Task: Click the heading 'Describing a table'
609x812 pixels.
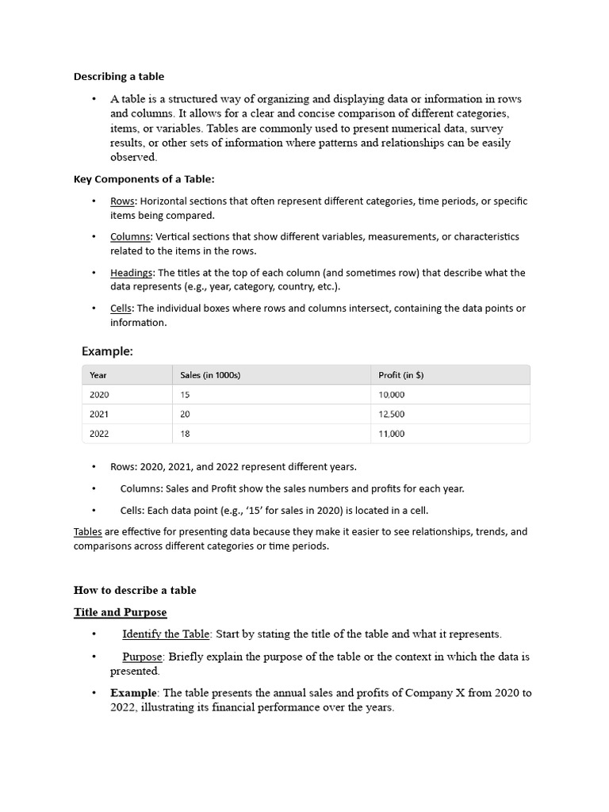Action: pos(119,76)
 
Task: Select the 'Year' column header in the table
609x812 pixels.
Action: pos(98,375)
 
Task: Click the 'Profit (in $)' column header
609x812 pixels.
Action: pos(401,375)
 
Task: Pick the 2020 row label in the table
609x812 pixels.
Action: pos(100,394)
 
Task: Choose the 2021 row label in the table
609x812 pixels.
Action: pos(100,414)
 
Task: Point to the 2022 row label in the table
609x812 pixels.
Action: pos(100,434)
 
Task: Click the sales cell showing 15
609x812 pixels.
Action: pos(186,394)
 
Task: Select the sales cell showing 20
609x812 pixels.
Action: pos(186,414)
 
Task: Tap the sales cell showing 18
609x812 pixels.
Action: pos(186,434)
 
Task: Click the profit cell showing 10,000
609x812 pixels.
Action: pos(392,394)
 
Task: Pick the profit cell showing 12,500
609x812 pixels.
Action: pos(392,414)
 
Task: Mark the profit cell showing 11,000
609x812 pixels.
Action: pos(392,434)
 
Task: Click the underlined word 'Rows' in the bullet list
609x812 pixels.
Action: pos(122,201)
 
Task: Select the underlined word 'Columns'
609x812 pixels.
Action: pos(130,236)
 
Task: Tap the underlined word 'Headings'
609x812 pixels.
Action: pos(131,273)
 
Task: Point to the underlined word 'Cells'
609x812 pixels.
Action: pos(121,308)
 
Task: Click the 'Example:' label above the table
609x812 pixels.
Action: pos(107,350)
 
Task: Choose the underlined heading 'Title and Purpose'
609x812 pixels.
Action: pos(120,612)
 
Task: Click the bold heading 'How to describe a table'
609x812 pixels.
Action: pos(135,590)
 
